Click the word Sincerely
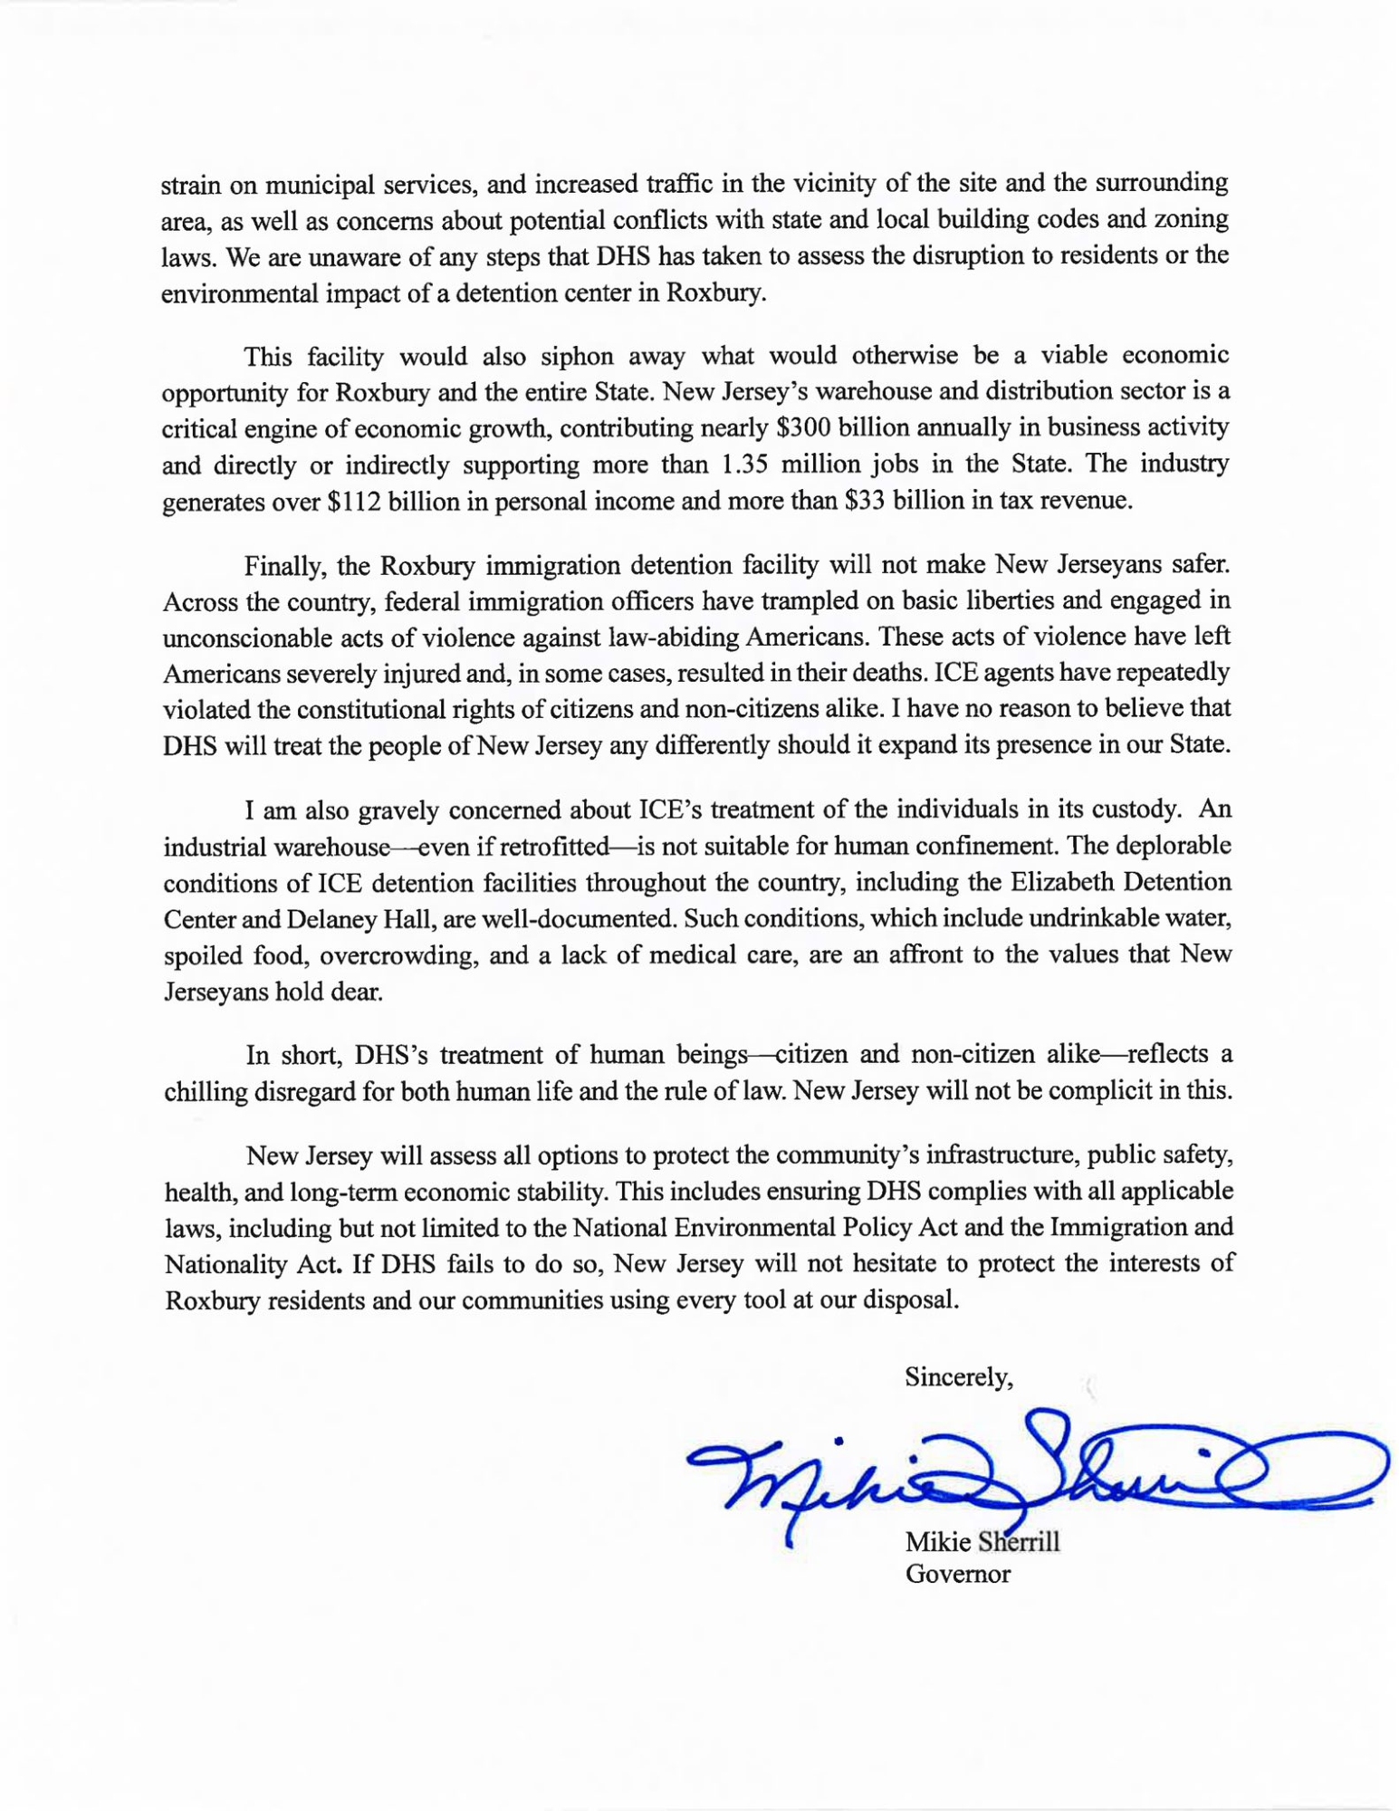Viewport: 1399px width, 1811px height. point(958,1377)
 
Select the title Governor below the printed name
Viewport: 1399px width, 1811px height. point(958,1574)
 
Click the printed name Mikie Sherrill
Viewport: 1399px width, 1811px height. point(982,1541)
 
